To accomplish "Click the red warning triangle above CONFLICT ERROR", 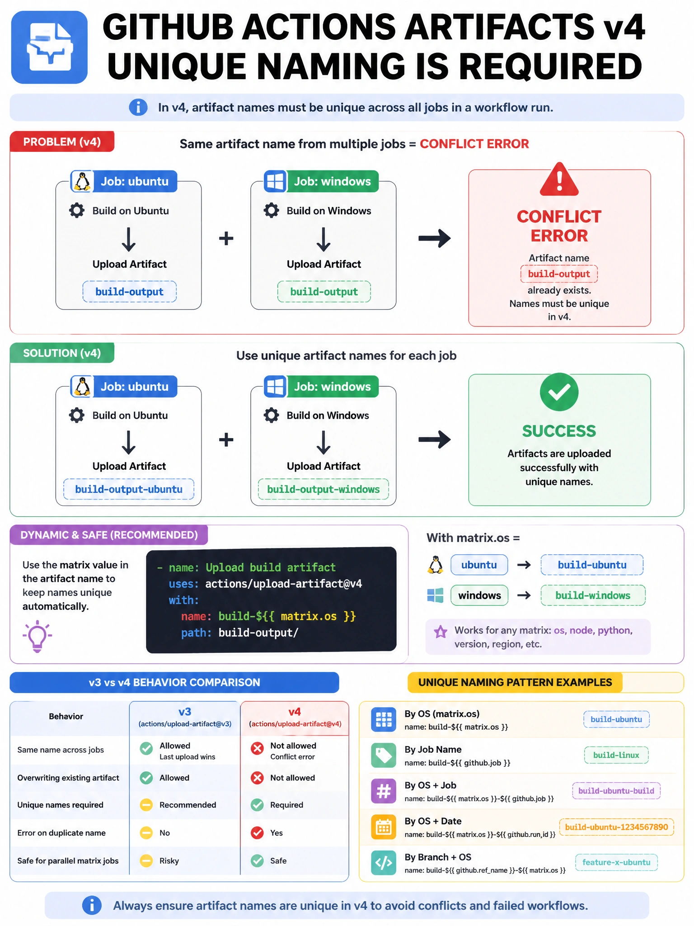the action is pos(559,180).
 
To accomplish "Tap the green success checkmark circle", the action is pos(559,392).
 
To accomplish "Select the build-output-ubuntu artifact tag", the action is pos(129,489).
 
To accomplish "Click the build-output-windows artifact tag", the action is pos(324,489).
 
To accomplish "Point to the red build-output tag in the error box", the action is pos(559,274).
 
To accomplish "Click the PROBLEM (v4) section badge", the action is pos(62,142).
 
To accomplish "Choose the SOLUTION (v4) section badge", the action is pos(62,353).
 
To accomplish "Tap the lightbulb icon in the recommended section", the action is pos(37,636).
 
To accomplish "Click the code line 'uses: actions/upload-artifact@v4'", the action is pos(265,584).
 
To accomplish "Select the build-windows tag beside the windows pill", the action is pos(593,595).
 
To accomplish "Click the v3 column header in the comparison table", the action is pos(185,717).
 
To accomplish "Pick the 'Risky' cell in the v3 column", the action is pos(169,861).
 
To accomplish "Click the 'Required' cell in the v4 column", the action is pos(286,805).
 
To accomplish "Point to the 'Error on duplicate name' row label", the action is pos(61,833).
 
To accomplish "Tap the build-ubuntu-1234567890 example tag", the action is pos(616,827).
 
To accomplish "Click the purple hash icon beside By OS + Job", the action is pos(384,791).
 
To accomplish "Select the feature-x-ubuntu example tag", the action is pos(616,862).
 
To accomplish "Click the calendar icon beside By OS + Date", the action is pos(384,827).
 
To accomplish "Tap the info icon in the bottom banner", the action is pos(92,905).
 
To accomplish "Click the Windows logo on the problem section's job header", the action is pos(275,181).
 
